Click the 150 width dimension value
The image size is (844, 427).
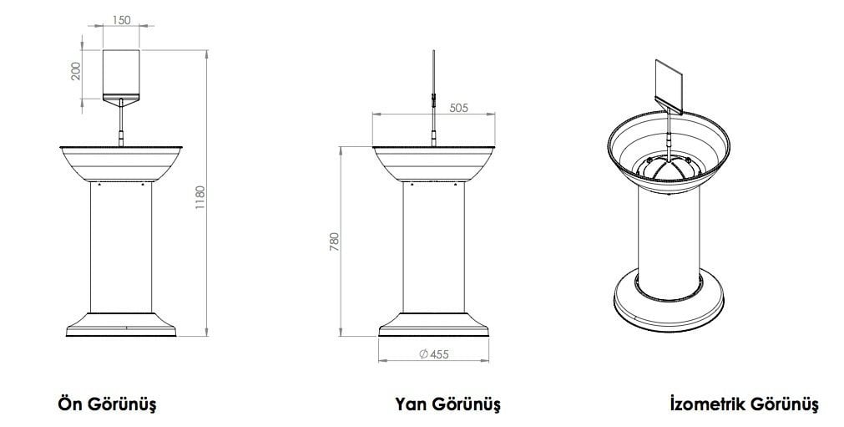[x=122, y=21]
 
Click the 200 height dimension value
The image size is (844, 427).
[x=77, y=71]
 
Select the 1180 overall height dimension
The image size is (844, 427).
[x=200, y=198]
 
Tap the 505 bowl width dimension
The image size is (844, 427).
[x=458, y=107]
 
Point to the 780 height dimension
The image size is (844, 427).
[x=335, y=241]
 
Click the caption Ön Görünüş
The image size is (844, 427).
[x=106, y=404]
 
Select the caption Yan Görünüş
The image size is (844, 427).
[x=447, y=404]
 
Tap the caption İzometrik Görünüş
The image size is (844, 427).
[x=744, y=404]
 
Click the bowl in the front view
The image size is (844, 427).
[x=123, y=163]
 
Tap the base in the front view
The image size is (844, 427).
[x=123, y=323]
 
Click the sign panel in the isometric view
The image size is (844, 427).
[x=670, y=85]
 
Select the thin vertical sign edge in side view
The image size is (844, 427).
[x=433, y=75]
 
